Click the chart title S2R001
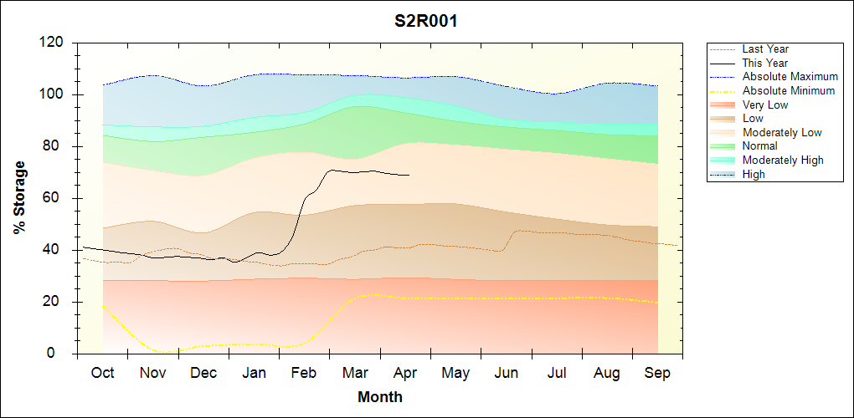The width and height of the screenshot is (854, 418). pyautogui.click(x=426, y=21)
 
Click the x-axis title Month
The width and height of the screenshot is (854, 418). pyautogui.click(x=380, y=397)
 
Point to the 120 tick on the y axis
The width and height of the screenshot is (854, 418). pyautogui.click(x=51, y=43)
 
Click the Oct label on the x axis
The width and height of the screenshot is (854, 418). pyautogui.click(x=102, y=373)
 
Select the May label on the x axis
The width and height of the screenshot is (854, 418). pyautogui.click(x=456, y=373)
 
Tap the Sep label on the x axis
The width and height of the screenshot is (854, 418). pyautogui.click(x=658, y=373)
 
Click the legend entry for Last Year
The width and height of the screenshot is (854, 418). pyautogui.click(x=765, y=49)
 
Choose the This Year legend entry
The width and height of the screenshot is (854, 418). pyautogui.click(x=764, y=63)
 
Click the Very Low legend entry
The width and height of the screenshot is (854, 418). pyautogui.click(x=765, y=104)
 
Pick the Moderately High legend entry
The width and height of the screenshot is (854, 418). pyautogui.click(x=783, y=160)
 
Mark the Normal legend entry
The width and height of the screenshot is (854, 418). pyautogui.click(x=759, y=146)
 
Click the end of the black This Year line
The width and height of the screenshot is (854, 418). pyautogui.click(x=409, y=175)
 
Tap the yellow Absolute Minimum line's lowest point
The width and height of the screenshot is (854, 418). pyautogui.click(x=164, y=352)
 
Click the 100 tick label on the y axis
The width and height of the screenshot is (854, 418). pyautogui.click(x=51, y=94)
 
